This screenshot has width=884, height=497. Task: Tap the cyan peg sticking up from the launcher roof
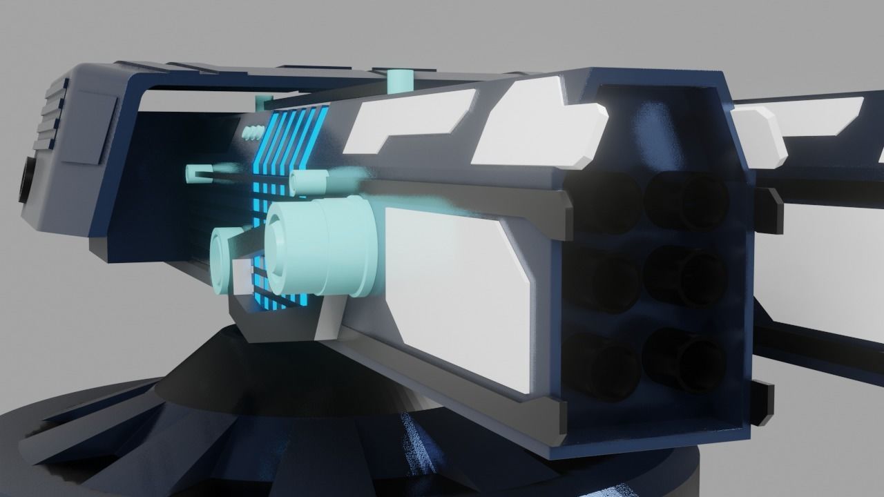tap(399, 81)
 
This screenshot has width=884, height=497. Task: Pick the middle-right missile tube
tap(686, 276)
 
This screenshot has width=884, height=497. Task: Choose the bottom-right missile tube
tap(685, 358)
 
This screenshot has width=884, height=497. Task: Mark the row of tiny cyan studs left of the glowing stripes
tap(253, 131)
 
